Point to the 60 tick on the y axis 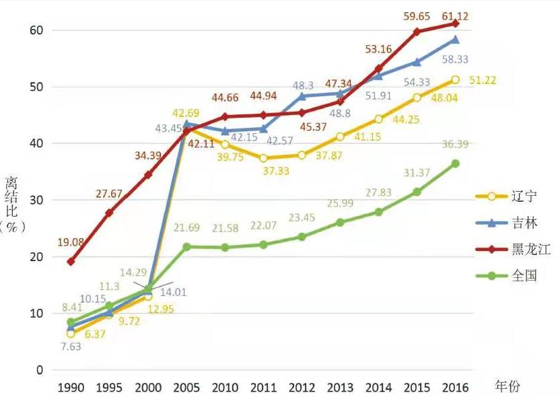[36, 30]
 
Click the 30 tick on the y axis [36, 200]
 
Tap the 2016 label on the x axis [455, 388]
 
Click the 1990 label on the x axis [71, 388]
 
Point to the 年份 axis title [508, 386]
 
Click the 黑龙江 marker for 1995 [109, 213]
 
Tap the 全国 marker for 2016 [455, 164]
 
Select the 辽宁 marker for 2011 [263, 158]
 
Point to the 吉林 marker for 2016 [455, 40]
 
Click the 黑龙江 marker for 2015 [417, 32]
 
